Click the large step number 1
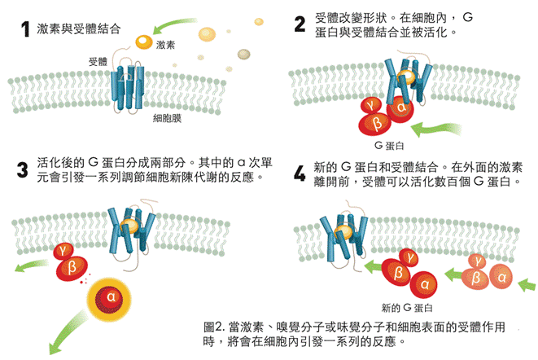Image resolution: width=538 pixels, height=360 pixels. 26,29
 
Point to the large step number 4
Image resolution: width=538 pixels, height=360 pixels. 300,173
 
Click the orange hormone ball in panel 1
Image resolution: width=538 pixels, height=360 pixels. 142,39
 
